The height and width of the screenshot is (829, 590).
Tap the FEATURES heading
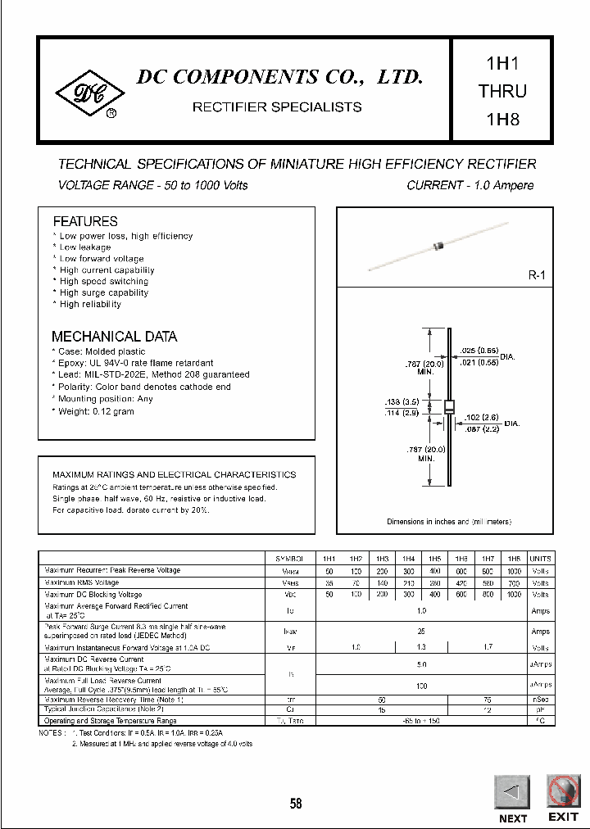[x=85, y=221]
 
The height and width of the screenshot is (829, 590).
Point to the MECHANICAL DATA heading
[x=114, y=337]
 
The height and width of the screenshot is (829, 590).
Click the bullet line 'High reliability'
[x=90, y=304]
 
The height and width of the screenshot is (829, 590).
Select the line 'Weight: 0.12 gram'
[x=96, y=411]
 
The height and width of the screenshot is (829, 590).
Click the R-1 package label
[x=536, y=276]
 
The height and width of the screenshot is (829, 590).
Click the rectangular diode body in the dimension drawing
[x=449, y=407]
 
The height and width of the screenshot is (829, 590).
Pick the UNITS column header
[x=540, y=557]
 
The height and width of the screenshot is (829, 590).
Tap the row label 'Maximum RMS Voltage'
[x=82, y=582]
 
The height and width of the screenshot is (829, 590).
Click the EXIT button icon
[x=562, y=790]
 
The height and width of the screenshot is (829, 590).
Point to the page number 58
[x=296, y=804]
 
